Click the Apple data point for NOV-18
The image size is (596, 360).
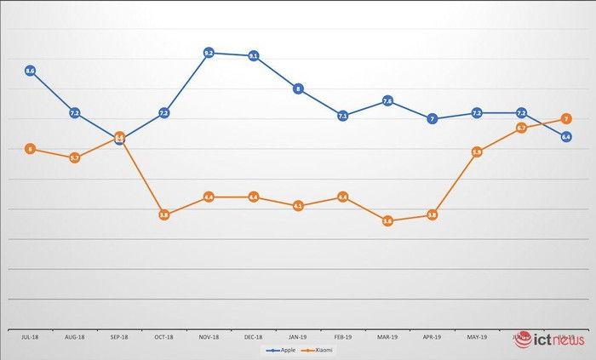coord(209,53)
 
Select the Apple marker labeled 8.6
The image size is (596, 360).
coord(31,71)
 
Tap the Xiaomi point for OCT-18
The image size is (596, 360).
coord(164,215)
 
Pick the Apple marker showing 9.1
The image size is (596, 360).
coord(254,56)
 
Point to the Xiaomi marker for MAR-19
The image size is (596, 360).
coord(387,220)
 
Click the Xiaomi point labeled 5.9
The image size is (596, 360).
coord(477,152)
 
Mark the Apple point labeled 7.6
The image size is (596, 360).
coord(387,101)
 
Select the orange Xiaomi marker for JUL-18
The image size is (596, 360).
coord(31,149)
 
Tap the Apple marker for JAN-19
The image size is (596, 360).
coord(298,89)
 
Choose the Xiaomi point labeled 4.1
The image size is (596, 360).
coord(298,206)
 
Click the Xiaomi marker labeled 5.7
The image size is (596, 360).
coord(75,157)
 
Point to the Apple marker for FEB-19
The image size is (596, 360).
coord(343,116)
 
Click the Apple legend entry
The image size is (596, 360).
coord(280,350)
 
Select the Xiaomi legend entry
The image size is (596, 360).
coord(320,350)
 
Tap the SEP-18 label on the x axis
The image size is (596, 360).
coord(119,337)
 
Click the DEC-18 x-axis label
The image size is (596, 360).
coord(254,337)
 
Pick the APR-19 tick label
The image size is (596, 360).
coord(433,337)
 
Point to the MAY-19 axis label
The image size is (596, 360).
coord(477,337)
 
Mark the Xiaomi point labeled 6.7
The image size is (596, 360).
coord(521,129)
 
